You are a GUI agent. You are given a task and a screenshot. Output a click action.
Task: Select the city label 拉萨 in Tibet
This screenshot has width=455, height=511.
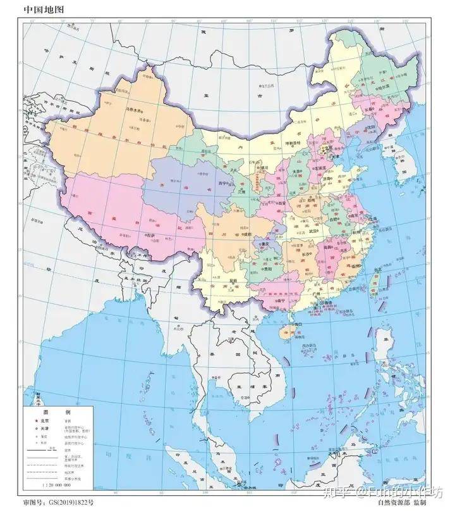(x=150, y=235)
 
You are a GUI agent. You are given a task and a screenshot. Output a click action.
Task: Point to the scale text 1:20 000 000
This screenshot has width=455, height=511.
(x=56, y=484)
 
